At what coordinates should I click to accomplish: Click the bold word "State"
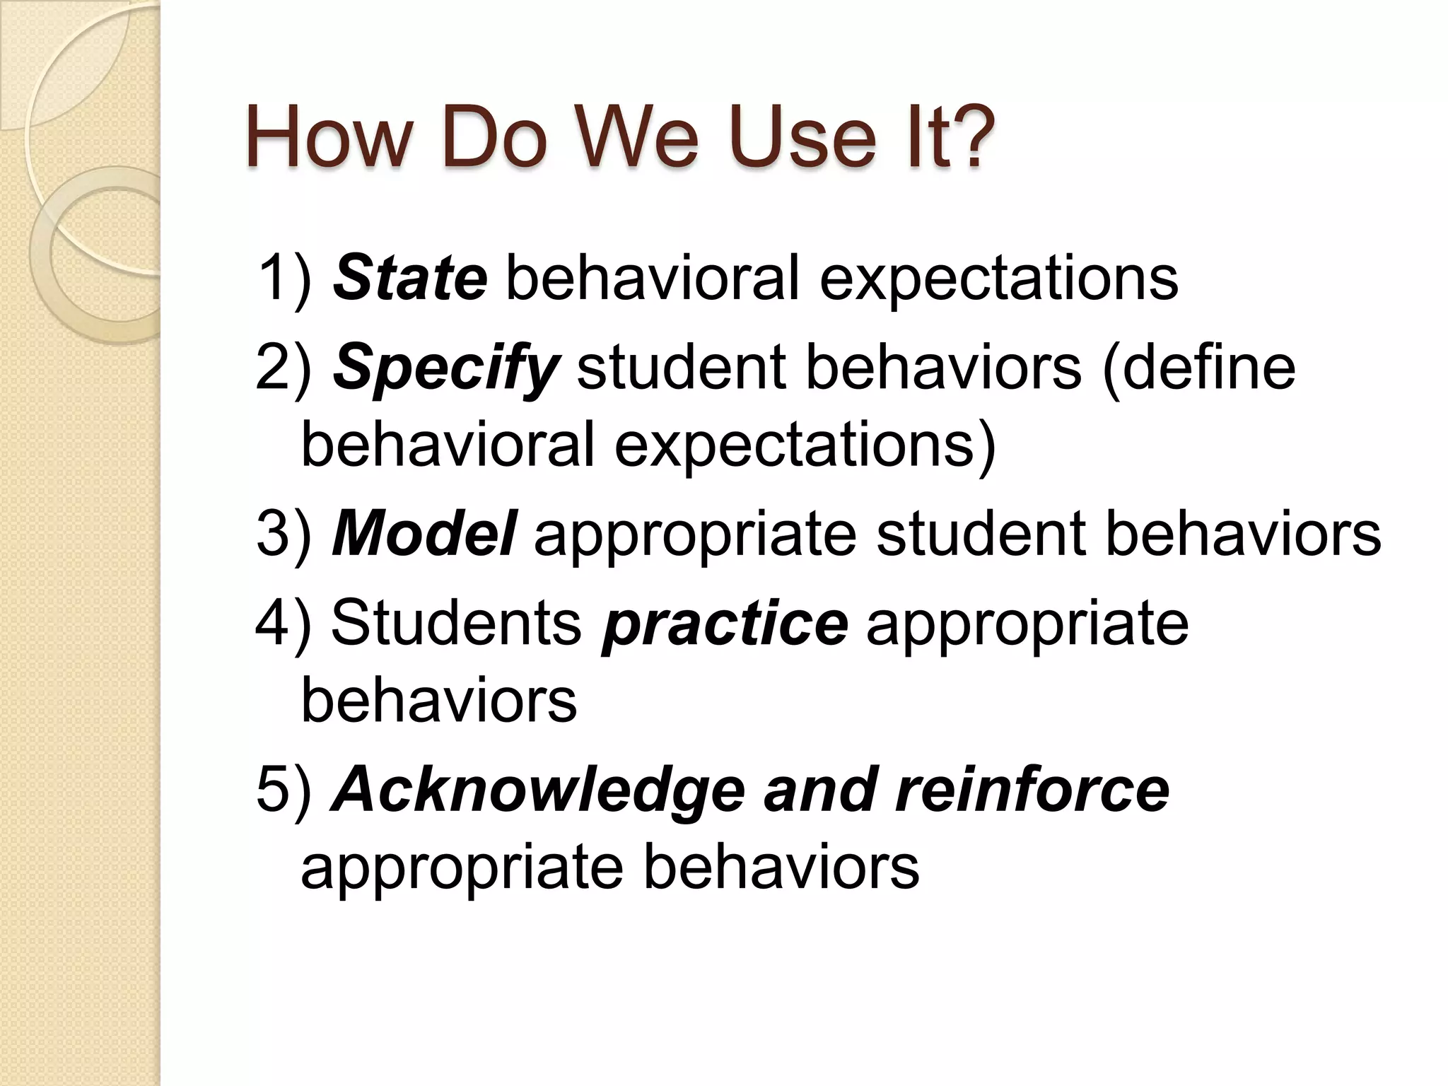point(409,277)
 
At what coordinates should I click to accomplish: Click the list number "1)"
point(284,277)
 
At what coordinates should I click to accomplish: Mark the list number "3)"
point(284,533)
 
